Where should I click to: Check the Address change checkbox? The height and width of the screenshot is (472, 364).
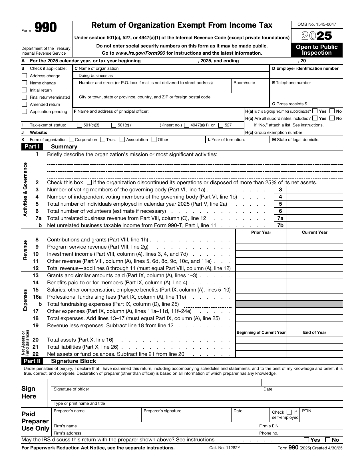(25, 76)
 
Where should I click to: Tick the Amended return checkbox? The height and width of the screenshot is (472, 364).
(25, 104)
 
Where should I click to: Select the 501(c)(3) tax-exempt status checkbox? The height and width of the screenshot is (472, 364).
(80, 125)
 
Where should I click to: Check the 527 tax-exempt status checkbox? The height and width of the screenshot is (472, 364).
(221, 125)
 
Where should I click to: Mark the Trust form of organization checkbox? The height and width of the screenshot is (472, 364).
(103, 140)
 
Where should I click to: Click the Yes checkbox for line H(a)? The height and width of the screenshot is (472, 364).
(315, 111)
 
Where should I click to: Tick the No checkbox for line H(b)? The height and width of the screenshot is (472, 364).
(332, 118)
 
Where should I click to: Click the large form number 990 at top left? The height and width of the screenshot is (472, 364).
(46, 28)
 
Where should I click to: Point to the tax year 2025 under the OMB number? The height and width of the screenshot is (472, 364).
(317, 36)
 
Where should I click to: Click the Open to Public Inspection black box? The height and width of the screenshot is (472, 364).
(317, 50)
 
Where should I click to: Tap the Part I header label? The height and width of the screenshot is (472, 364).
(32, 147)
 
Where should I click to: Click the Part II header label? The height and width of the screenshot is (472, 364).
(32, 361)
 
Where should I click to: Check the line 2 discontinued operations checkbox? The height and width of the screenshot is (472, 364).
(89, 183)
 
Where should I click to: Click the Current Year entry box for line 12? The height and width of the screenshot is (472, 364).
(315, 268)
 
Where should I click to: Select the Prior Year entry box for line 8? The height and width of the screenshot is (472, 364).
(261, 240)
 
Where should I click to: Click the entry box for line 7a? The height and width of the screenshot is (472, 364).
(315, 218)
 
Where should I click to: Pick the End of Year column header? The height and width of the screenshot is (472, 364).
(315, 332)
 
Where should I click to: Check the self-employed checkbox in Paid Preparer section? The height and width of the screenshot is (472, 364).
(289, 412)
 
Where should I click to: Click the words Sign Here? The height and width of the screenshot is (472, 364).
(29, 392)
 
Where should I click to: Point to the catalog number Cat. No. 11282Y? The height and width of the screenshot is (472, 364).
(225, 448)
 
